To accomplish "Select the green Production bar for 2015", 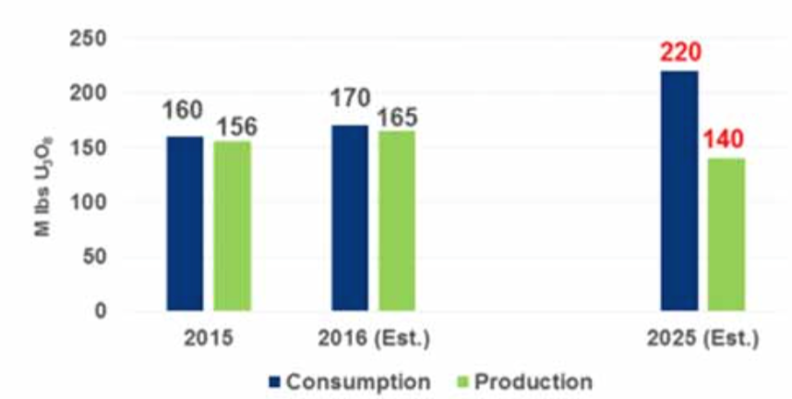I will (x=232, y=226).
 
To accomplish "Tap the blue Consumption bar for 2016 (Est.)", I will (x=349, y=218).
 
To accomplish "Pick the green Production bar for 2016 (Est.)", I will (x=397, y=221).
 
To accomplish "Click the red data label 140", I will (x=726, y=141).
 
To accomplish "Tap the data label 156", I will (x=234, y=127).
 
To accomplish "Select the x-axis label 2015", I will (x=208, y=339).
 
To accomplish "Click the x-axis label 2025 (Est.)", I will (x=703, y=339).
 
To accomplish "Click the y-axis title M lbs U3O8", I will (x=43, y=175).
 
